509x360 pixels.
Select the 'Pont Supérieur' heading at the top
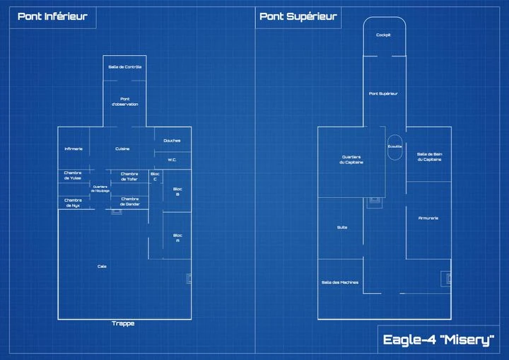coord(298,17)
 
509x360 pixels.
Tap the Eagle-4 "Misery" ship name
coord(438,340)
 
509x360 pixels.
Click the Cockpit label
coord(383,35)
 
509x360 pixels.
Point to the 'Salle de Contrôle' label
coord(124,67)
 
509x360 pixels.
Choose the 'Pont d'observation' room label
coord(124,101)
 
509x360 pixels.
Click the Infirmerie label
coord(74,149)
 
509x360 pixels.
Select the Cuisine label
coord(122,149)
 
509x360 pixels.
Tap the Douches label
coord(172,140)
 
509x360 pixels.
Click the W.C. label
coord(172,160)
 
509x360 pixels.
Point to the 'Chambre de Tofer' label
coord(129,176)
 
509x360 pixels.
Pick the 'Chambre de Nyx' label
coord(73,202)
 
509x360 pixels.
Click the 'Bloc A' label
coord(177,238)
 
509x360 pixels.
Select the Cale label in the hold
coord(102,267)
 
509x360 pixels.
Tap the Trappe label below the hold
coord(123,324)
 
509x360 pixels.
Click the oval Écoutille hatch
coord(394,146)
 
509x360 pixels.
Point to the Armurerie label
coord(428,218)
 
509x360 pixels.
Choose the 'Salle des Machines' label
coord(339,282)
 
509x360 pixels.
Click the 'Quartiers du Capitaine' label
coord(351,160)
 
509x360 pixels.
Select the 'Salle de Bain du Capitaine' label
coord(429,156)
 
